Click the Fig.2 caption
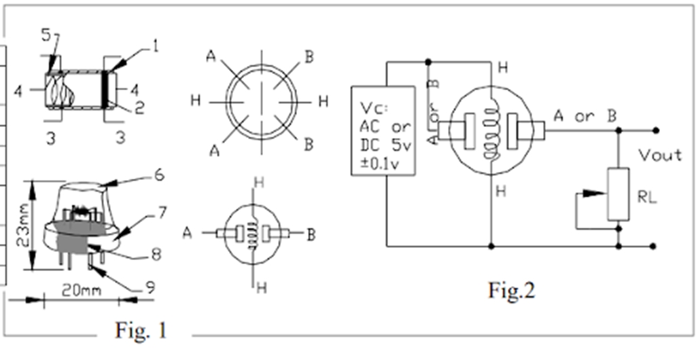512,290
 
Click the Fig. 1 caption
141,330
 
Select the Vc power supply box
383,130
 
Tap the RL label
646,198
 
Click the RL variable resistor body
619,194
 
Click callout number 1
154,47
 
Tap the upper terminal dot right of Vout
655,129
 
